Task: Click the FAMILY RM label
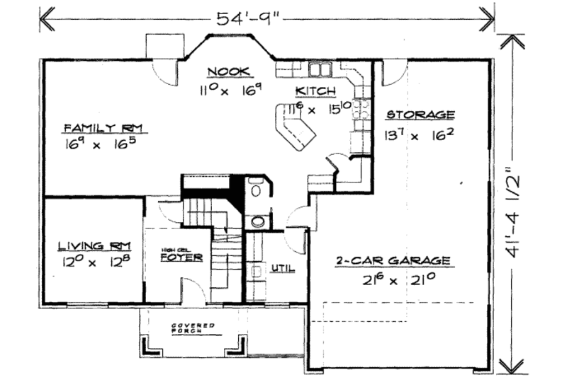point(103,127)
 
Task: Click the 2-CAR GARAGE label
point(393,260)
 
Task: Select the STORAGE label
point(420,115)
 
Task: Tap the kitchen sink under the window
point(321,69)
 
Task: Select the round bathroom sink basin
point(258,221)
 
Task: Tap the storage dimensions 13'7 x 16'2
point(419,134)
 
